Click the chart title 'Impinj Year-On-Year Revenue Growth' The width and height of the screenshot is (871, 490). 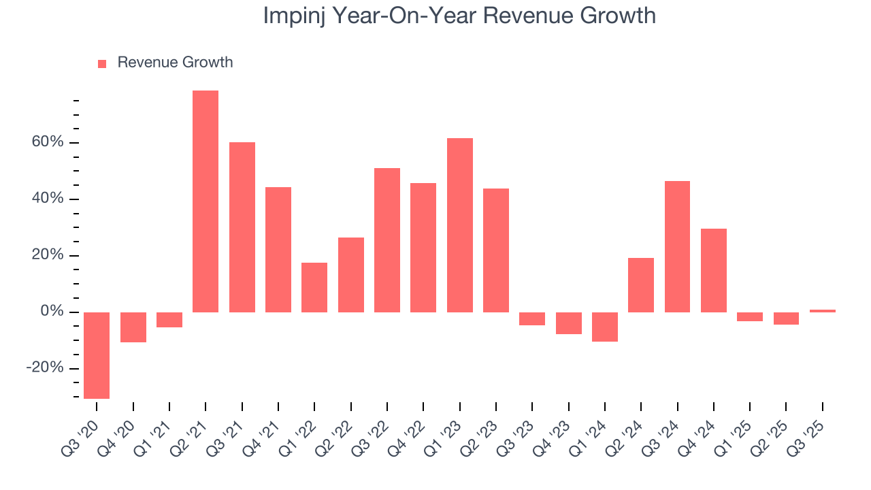coord(459,16)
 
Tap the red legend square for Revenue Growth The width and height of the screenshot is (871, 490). coord(102,63)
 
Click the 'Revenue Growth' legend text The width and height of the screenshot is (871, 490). coord(175,63)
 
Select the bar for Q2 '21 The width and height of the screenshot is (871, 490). coord(206,201)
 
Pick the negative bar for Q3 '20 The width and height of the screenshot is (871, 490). coord(97,355)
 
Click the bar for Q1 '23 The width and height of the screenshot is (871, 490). coord(460,225)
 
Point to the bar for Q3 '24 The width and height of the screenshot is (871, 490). coord(677,246)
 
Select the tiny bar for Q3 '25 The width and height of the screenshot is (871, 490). coord(822,311)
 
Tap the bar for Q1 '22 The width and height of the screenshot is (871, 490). coord(314,287)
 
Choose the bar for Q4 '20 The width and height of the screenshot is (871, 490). coord(133,327)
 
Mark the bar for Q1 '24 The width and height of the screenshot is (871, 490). coord(604,327)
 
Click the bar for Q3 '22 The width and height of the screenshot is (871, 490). coord(387,240)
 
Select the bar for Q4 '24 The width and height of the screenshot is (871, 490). coord(713,270)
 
